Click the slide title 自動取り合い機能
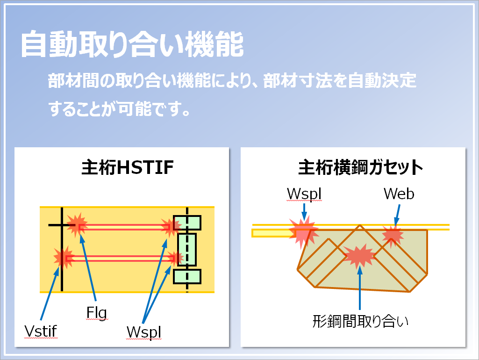click(x=132, y=45)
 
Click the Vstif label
click(x=41, y=331)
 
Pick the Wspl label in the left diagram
click(x=144, y=331)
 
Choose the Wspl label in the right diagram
click(x=304, y=194)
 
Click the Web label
click(x=399, y=194)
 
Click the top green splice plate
click(x=187, y=223)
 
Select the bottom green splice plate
click(x=187, y=276)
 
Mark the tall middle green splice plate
click(x=187, y=249)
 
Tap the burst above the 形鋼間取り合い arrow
click(x=359, y=255)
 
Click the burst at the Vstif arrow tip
click(x=63, y=258)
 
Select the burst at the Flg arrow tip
click(x=76, y=224)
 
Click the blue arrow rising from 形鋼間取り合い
click(x=360, y=290)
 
